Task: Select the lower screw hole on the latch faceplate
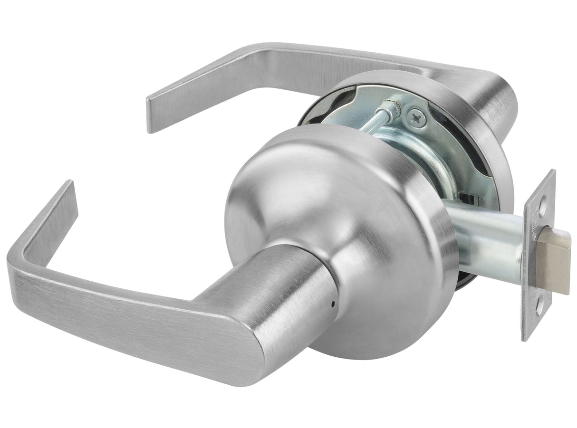(x=539, y=311)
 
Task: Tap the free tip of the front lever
(x=67, y=190)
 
